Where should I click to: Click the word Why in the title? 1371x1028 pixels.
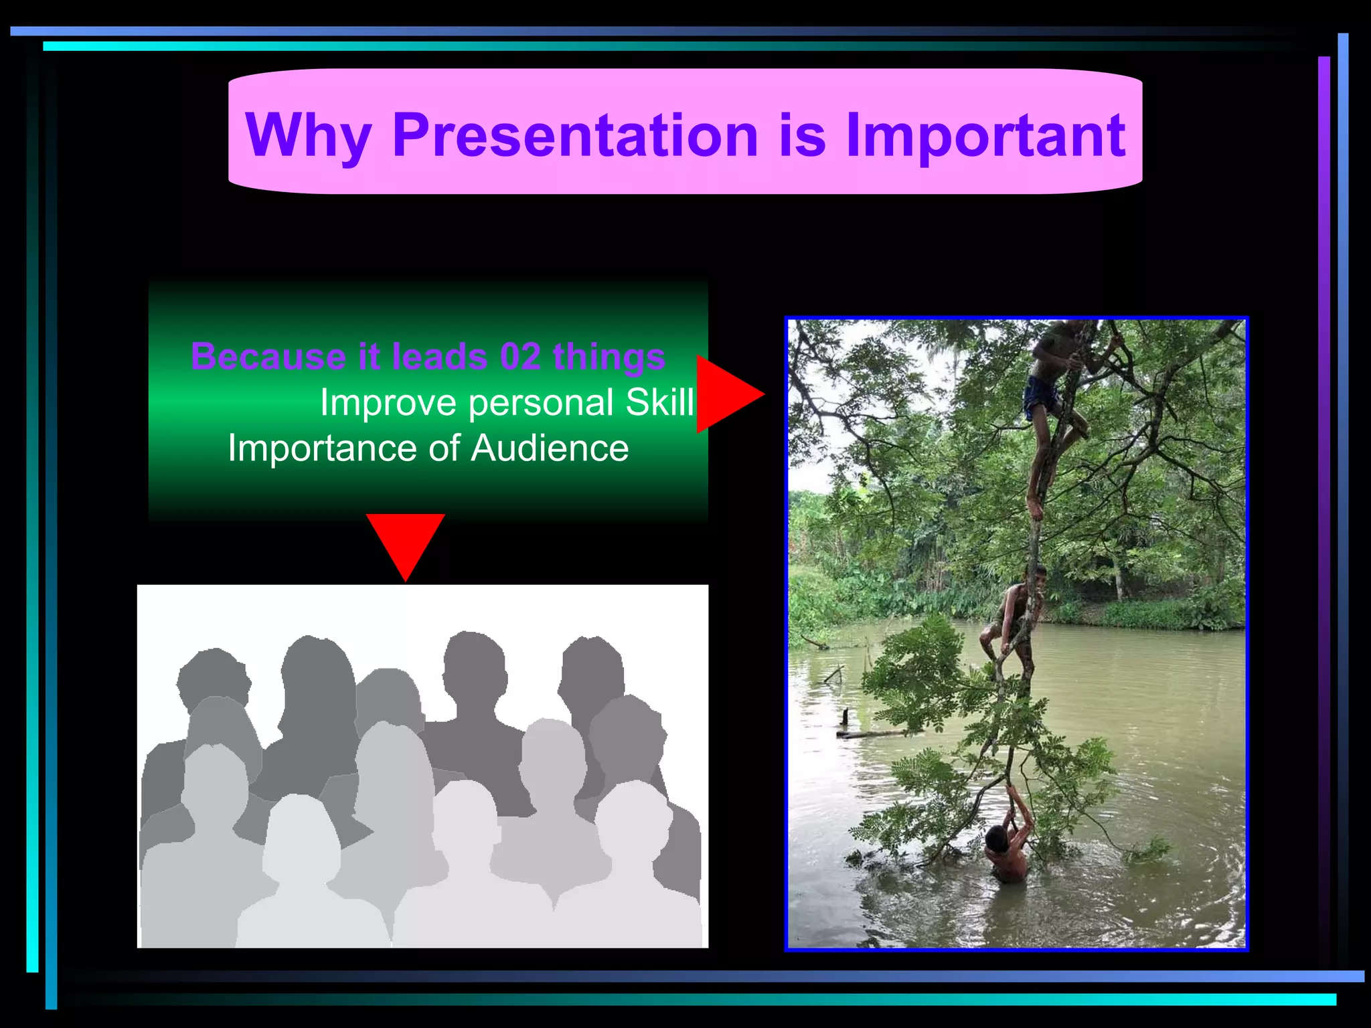(x=309, y=136)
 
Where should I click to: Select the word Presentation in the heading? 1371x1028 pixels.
(x=575, y=136)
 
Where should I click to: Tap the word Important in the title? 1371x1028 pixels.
(x=985, y=136)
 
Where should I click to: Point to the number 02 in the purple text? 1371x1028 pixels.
(x=520, y=356)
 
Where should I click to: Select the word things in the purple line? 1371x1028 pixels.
(x=609, y=356)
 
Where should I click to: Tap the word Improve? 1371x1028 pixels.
(x=388, y=403)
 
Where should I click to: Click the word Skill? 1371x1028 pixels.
(x=659, y=403)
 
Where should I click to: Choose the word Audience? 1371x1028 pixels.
(x=550, y=448)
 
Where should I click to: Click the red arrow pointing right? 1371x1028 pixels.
(x=726, y=394)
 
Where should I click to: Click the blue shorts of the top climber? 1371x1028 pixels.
(x=1040, y=396)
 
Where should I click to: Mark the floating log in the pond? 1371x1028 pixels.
(x=870, y=733)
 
